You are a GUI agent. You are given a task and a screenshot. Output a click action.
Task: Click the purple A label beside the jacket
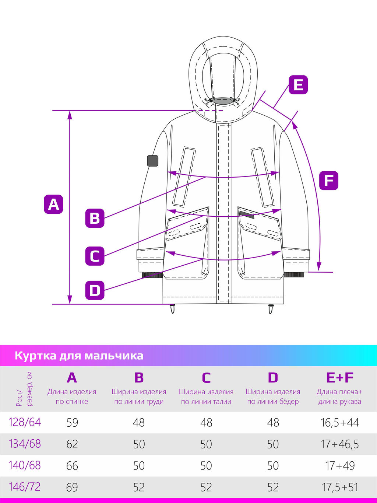pyautogui.click(x=53, y=204)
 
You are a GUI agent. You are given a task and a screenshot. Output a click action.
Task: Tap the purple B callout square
pyautogui.click(x=95, y=218)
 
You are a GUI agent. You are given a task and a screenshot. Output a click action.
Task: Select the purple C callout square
pyautogui.click(x=95, y=256)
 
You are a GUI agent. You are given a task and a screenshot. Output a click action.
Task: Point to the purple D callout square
pyautogui.click(x=95, y=290)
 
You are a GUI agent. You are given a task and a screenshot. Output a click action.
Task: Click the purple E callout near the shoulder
pyautogui.click(x=298, y=85)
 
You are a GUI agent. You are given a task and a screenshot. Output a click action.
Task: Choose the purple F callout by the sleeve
pyautogui.click(x=329, y=181)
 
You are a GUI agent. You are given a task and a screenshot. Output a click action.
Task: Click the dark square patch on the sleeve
pyautogui.click(x=153, y=161)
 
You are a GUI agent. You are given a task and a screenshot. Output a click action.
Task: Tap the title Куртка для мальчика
pyautogui.click(x=79, y=356)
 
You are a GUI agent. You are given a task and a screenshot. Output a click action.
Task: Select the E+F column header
pyautogui.click(x=340, y=377)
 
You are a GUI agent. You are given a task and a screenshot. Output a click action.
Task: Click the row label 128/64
pyautogui.click(x=25, y=422)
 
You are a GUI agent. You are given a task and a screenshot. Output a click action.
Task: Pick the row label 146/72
pyautogui.click(x=25, y=487)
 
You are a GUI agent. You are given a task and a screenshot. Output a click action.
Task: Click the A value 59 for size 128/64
pyautogui.click(x=72, y=422)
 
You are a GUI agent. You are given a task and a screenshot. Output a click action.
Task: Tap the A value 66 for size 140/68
pyautogui.click(x=72, y=466)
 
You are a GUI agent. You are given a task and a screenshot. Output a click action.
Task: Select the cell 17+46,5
pyautogui.click(x=340, y=444)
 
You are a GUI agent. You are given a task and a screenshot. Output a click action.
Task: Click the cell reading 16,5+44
pyautogui.click(x=340, y=423)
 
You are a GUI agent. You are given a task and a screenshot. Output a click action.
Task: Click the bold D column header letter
pyautogui.click(x=273, y=377)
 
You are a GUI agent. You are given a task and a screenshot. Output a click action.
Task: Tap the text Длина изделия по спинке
pyautogui.click(x=72, y=397)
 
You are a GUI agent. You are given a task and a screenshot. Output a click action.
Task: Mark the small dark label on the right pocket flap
pyautogui.click(x=247, y=215)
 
